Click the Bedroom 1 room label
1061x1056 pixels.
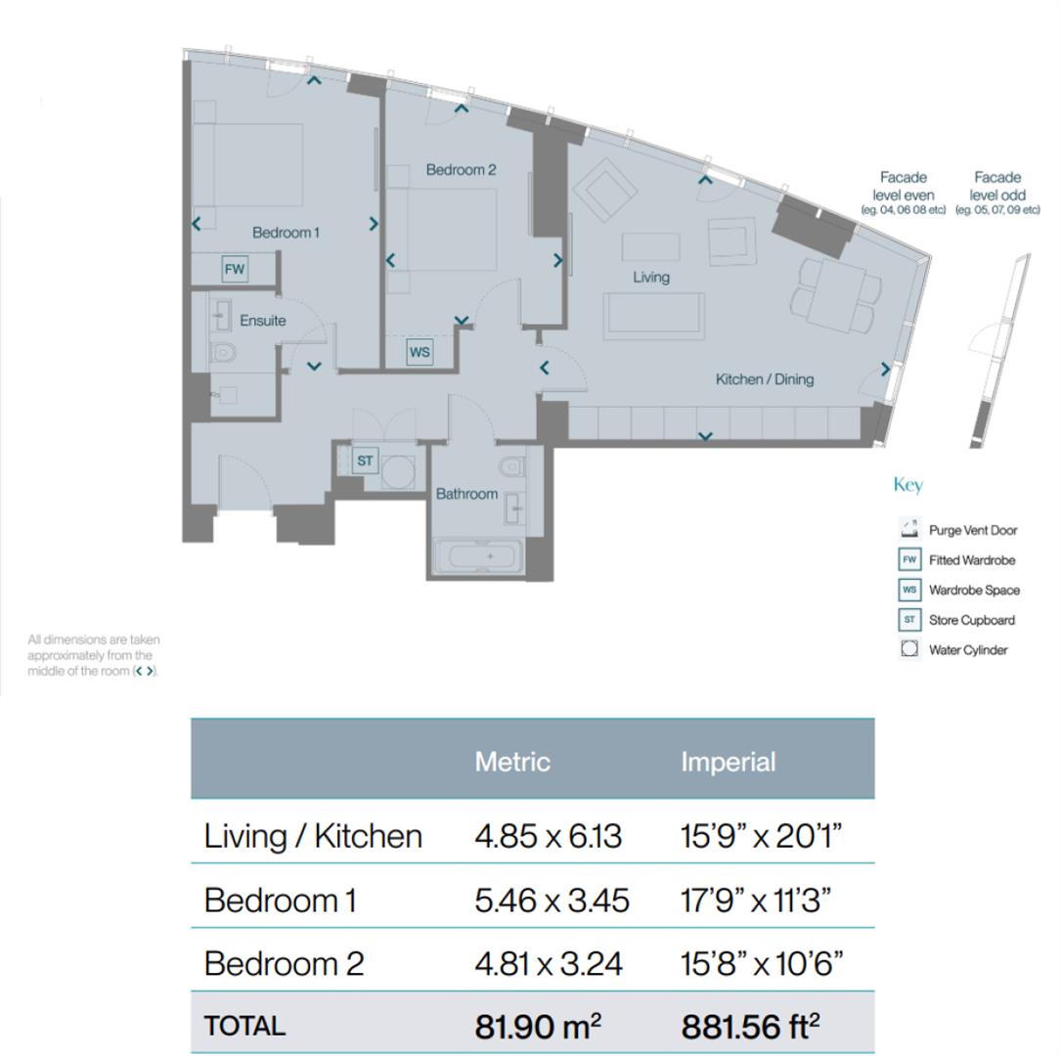coord(286,233)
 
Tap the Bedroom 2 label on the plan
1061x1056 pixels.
coord(461,170)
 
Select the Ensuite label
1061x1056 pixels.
coord(263,321)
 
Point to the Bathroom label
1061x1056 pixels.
coord(466,494)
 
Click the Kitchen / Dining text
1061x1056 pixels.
coord(764,379)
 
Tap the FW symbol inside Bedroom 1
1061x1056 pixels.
coord(235,269)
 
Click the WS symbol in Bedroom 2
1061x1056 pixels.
coord(420,352)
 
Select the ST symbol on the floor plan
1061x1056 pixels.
coord(365,461)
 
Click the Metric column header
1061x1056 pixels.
coord(512,762)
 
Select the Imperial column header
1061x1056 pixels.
coord(728,762)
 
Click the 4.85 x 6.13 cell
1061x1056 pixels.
coord(548,836)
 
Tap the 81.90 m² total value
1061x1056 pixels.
coord(538,1027)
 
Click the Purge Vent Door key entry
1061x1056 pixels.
coord(972,531)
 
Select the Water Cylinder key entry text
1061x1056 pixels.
coord(967,650)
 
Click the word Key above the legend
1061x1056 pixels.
coord(907,485)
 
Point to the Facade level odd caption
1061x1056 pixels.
coord(997,191)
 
